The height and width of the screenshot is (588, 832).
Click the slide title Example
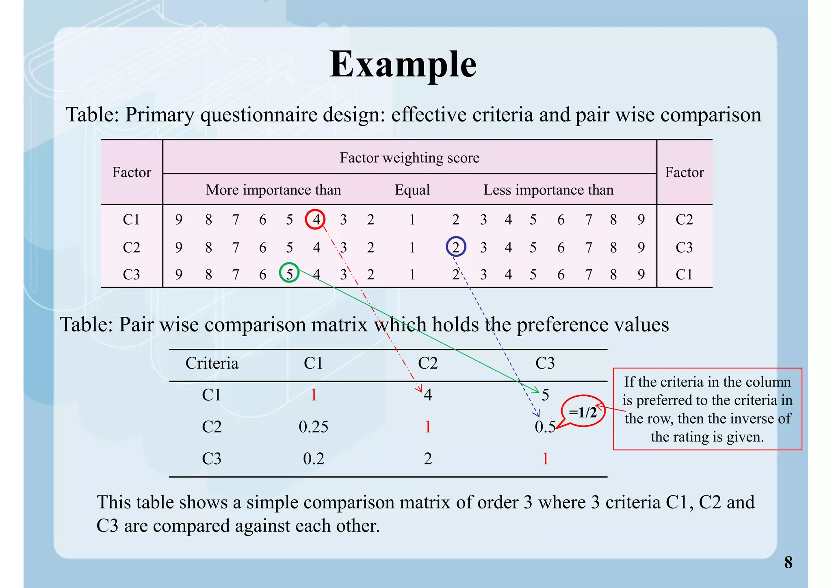(x=403, y=64)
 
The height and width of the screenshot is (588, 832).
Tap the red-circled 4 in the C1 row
(x=316, y=219)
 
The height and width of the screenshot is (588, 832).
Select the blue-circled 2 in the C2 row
(x=456, y=247)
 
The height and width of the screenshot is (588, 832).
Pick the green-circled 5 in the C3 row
(x=289, y=274)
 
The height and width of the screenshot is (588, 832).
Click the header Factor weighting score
(x=409, y=158)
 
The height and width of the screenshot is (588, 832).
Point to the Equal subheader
(x=412, y=190)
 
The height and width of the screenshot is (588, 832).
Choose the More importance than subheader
(x=273, y=190)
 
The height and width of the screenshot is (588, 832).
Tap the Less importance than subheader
(x=548, y=190)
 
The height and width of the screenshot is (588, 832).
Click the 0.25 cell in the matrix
(x=313, y=426)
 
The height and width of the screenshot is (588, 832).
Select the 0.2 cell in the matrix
(x=313, y=458)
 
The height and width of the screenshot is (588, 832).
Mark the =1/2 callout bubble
(x=583, y=412)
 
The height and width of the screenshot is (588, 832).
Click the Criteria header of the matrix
(x=212, y=363)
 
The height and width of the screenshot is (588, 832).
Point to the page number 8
(x=788, y=562)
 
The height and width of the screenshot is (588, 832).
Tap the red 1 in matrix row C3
(x=545, y=458)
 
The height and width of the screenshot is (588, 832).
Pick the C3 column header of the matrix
(x=545, y=363)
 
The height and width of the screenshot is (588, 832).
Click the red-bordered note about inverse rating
(x=707, y=409)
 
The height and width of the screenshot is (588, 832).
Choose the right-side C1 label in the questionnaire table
(x=684, y=275)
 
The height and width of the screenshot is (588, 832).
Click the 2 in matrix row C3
(x=428, y=458)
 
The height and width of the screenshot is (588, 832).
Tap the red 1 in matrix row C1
(x=314, y=395)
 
